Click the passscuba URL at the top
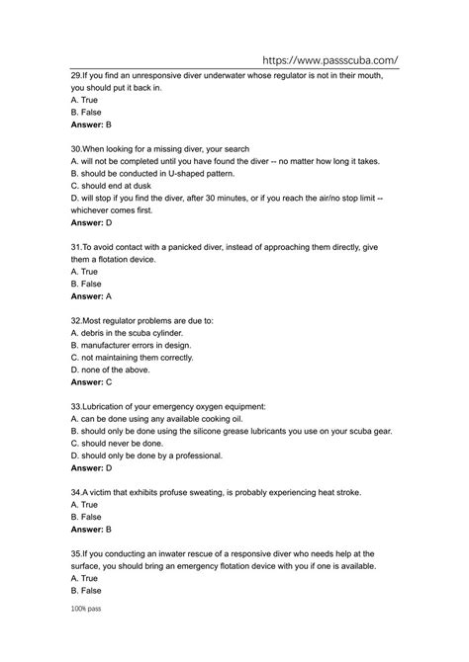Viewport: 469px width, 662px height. click(330, 58)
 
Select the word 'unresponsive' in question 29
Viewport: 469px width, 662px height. click(165, 74)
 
